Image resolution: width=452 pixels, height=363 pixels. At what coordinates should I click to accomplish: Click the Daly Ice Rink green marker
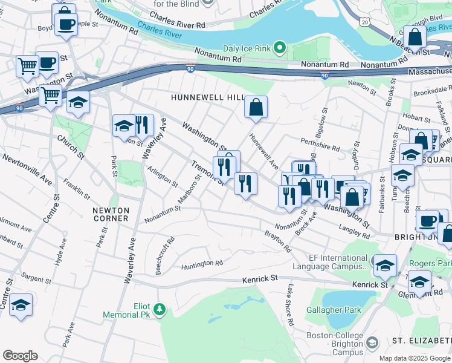279,47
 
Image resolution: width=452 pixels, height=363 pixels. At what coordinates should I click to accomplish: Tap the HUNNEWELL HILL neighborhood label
207,97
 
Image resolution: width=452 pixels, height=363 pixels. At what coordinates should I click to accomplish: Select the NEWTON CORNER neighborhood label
111,214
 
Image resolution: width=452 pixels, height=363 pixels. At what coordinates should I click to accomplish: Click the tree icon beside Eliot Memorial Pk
160,310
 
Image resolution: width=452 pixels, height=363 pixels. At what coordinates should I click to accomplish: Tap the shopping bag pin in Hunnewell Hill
256,108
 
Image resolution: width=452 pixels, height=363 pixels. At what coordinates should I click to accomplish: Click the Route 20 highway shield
363,21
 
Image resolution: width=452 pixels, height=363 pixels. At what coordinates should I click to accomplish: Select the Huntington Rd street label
202,264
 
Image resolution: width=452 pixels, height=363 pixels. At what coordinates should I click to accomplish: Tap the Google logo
20,356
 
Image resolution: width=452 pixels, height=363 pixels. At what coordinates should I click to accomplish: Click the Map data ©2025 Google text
415,358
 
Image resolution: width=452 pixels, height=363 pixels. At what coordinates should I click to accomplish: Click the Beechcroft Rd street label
165,255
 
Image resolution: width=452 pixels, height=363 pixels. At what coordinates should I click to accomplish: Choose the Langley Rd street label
354,228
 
